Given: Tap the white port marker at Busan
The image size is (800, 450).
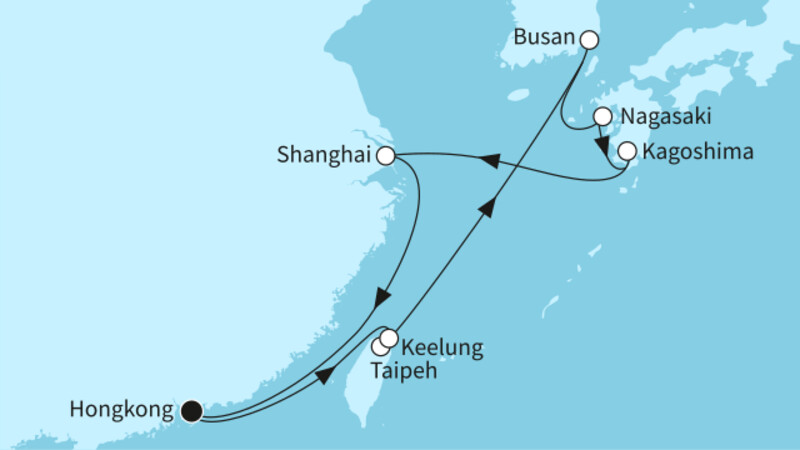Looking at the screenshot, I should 589,40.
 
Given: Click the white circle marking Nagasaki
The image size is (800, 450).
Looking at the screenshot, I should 603,117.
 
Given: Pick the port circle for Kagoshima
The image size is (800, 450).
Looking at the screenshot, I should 627,152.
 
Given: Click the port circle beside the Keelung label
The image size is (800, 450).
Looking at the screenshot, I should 389,338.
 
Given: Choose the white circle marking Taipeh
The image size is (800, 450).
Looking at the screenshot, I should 380,347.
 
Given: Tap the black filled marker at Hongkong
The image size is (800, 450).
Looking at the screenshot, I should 191,409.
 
